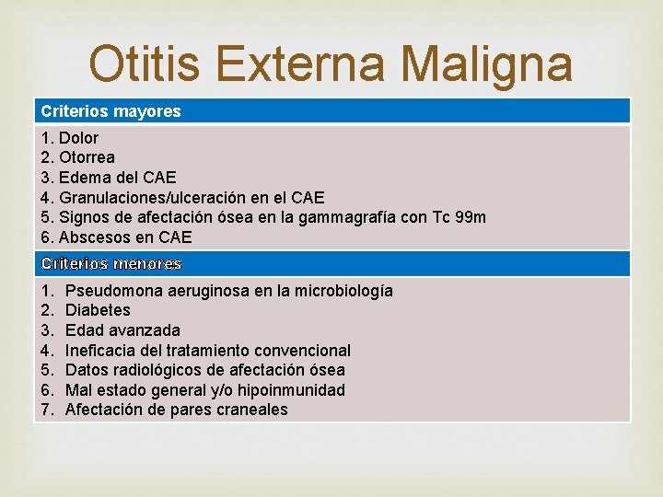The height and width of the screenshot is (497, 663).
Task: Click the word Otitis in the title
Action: pyautogui.click(x=148, y=64)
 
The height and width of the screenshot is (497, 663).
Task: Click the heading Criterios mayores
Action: pyautogui.click(x=110, y=111)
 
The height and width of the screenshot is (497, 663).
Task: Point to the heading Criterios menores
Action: pyautogui.click(x=110, y=264)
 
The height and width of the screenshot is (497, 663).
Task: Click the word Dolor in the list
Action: pyautogui.click(x=79, y=138)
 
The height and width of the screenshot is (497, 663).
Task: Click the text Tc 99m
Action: pyautogui.click(x=457, y=217)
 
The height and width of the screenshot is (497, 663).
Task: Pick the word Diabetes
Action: pyautogui.click(x=98, y=310)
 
